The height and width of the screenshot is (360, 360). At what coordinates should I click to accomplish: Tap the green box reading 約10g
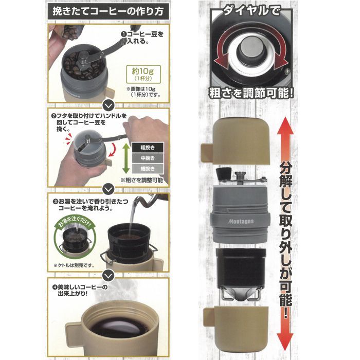(140, 74)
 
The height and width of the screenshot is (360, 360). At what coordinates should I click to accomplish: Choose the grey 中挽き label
(147, 157)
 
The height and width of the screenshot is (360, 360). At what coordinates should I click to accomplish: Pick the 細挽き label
(147, 169)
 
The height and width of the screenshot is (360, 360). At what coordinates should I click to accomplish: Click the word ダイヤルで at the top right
(252, 9)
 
